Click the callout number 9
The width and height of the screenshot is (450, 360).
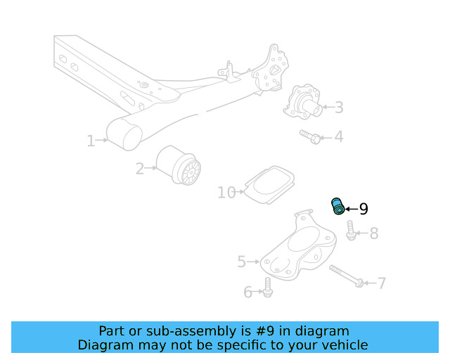pos(364,209)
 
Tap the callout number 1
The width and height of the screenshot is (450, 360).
pos(91,141)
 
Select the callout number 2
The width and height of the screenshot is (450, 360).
pos(140,169)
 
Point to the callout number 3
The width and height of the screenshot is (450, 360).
pos(339,108)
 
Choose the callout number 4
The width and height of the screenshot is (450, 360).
pos(339,136)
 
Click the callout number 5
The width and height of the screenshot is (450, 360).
pos(241,262)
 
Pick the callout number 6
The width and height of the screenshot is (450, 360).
pos(247,292)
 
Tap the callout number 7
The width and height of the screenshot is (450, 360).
pos(382,283)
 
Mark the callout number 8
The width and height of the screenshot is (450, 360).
pos(373,233)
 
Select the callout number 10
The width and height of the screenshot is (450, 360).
pos(226,192)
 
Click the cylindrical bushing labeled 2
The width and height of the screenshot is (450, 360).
pos(179,167)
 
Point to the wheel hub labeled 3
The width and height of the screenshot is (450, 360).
pos(303,103)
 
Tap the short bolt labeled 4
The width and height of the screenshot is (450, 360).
pos(311,136)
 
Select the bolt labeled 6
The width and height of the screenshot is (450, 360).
pos(267,286)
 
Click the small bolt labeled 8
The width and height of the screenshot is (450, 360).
pos(351,230)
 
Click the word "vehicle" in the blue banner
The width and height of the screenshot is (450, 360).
pos(344,345)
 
